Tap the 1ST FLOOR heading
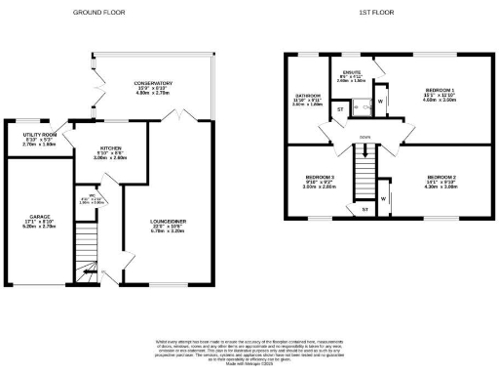pyautogui.click(x=375, y=13)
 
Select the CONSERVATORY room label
pyautogui.click(x=153, y=84)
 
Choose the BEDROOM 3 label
pyautogui.click(x=319, y=179)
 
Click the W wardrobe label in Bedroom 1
pyautogui.click(x=381, y=101)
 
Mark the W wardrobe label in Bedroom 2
pyautogui.click(x=383, y=199)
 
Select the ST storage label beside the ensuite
pyautogui.click(x=340, y=110)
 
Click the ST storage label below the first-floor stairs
pyautogui.click(x=365, y=210)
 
